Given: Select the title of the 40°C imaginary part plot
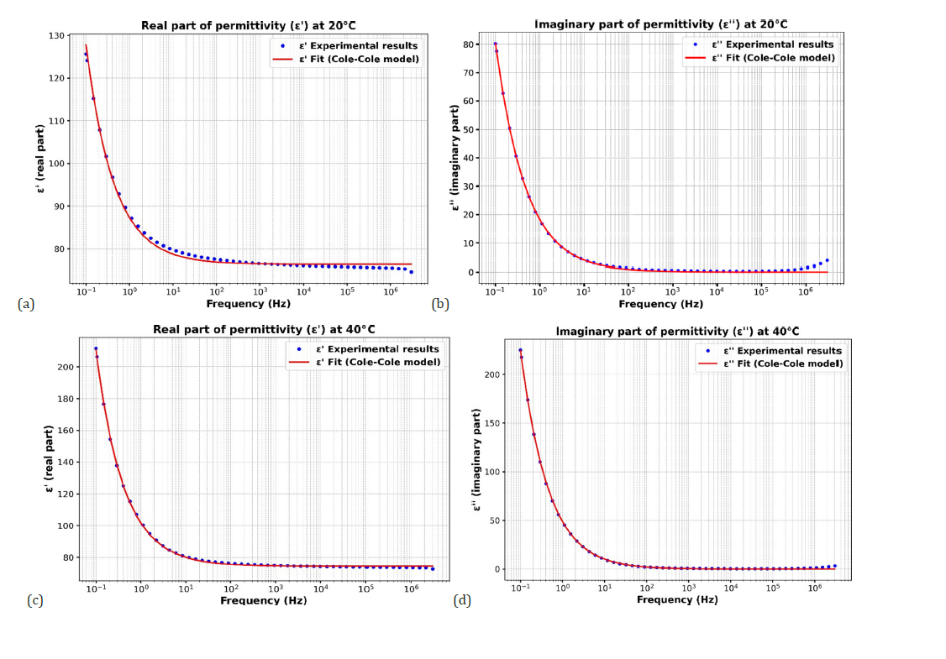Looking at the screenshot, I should (x=677, y=332).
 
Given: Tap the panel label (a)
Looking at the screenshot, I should (x=26, y=304).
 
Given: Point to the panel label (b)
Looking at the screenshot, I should (x=440, y=304).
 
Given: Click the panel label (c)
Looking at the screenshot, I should (x=34, y=599).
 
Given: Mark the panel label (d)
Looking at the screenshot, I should (x=462, y=599).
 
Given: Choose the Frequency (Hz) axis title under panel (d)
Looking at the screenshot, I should (x=677, y=599).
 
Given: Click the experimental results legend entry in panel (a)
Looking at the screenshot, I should (x=353, y=44).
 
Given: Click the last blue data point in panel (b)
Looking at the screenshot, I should (x=827, y=260).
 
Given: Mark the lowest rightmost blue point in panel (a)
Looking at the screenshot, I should (x=411, y=271).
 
